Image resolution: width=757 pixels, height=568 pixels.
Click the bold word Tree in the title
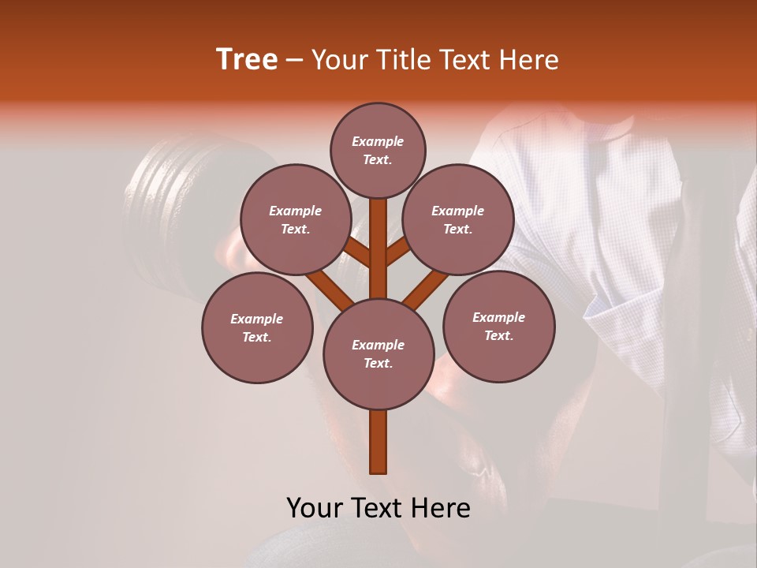(247, 60)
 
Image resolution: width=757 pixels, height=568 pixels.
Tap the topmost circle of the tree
(378, 151)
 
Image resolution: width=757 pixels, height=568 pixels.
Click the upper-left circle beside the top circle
(296, 220)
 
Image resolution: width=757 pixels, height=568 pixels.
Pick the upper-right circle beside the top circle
(458, 220)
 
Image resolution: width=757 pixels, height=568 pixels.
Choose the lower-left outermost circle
(257, 328)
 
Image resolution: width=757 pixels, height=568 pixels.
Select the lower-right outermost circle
(499, 327)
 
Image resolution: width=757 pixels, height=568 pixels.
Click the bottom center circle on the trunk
(378, 354)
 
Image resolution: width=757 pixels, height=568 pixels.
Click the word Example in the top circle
(378, 142)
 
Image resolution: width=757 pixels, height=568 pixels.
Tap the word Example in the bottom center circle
(378, 346)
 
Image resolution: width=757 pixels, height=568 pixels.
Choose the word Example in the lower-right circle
(499, 318)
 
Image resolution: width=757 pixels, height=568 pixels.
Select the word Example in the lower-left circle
(257, 319)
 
